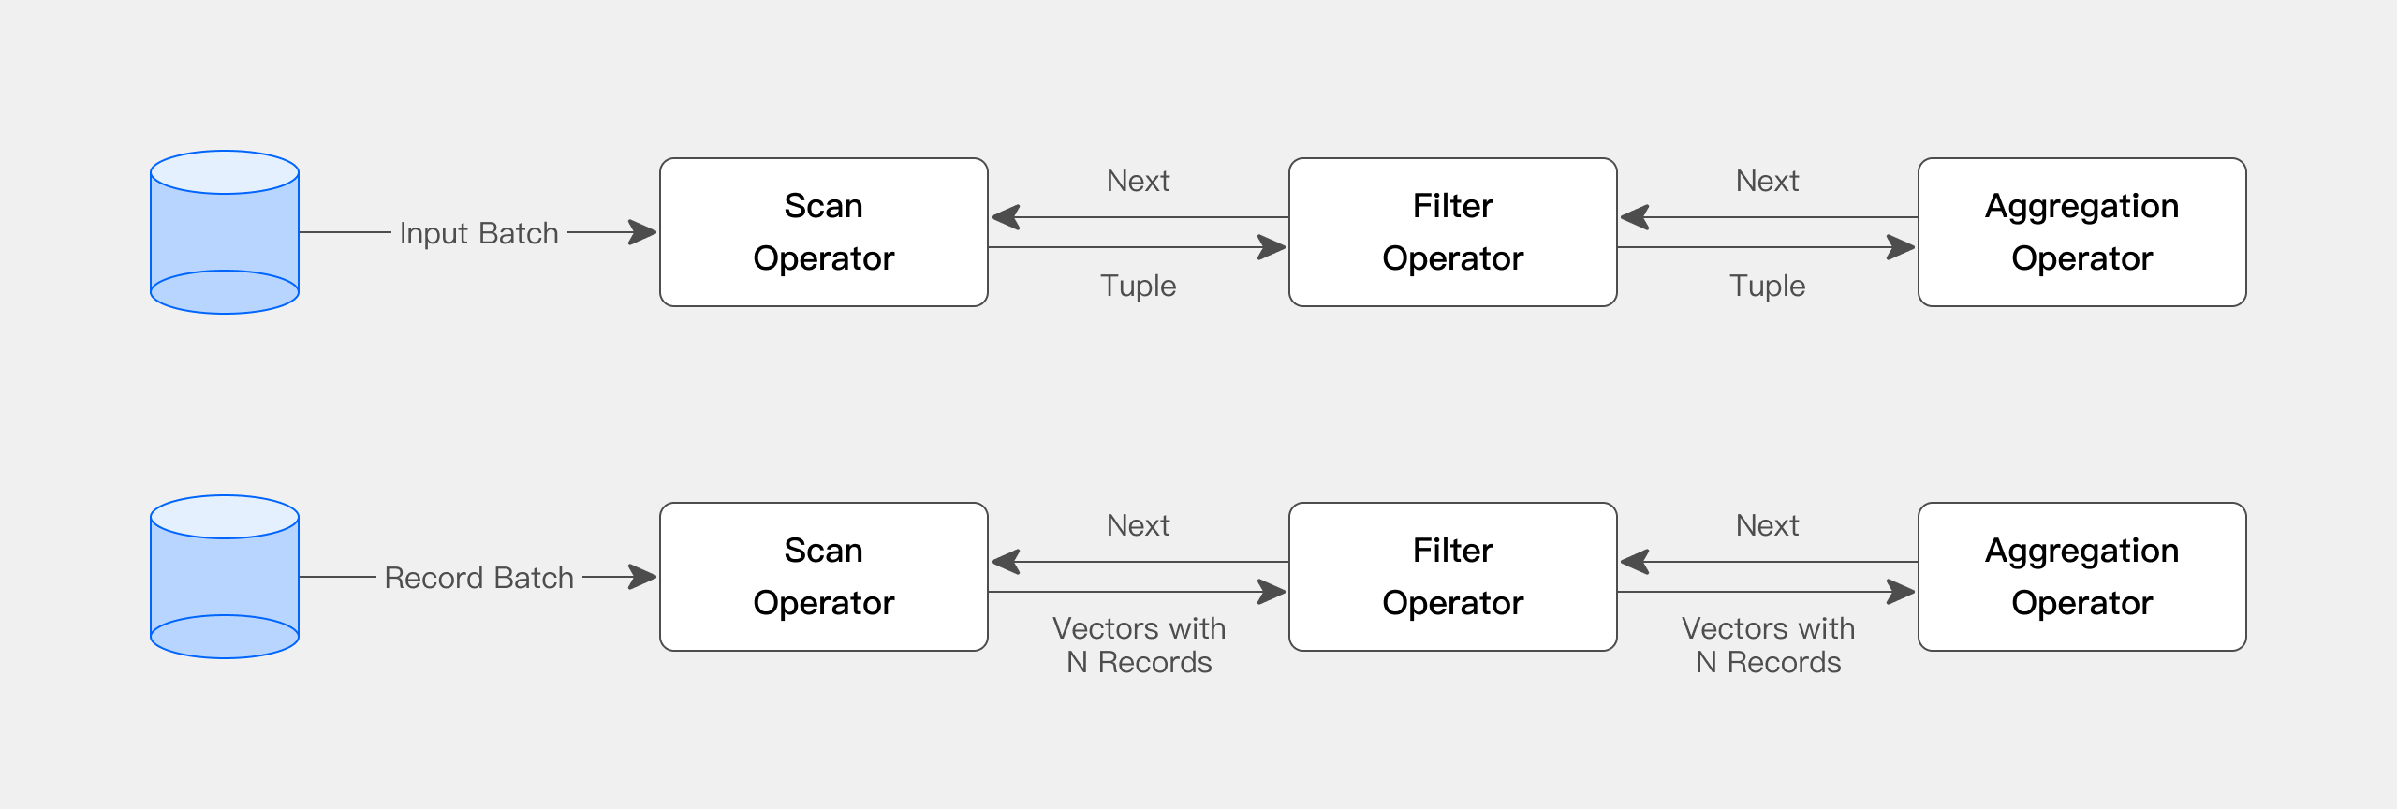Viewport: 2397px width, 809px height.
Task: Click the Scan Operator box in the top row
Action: pyautogui.click(x=823, y=232)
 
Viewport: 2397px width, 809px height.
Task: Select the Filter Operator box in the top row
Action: pyautogui.click(x=1452, y=232)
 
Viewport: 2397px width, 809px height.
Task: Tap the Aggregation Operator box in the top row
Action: pyautogui.click(x=2081, y=232)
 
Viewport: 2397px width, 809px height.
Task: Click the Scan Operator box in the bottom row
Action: pyautogui.click(x=823, y=577)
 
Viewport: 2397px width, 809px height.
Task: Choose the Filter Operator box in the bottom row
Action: pyautogui.click(x=1452, y=577)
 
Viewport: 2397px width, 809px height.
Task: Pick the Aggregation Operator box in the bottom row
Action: pyautogui.click(x=2081, y=577)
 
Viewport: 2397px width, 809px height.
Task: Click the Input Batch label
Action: pyautogui.click(x=478, y=233)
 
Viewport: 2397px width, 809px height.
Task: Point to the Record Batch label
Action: pyautogui.click(x=478, y=578)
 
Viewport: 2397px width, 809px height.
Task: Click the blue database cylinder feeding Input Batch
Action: pyautogui.click(x=225, y=232)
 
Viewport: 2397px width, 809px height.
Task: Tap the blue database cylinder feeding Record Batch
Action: pyautogui.click(x=225, y=577)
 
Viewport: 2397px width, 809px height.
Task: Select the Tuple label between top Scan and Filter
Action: pyautogui.click(x=1138, y=286)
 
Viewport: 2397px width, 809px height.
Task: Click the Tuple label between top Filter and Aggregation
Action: pyautogui.click(x=1767, y=286)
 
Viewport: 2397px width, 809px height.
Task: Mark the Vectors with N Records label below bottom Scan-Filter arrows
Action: pyautogui.click(x=1139, y=645)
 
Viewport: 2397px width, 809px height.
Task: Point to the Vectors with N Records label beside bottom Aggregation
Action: pyautogui.click(x=1768, y=645)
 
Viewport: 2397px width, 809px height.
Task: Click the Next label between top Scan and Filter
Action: pyautogui.click(x=1138, y=181)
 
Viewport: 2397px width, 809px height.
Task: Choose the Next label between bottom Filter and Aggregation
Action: pyautogui.click(x=1767, y=525)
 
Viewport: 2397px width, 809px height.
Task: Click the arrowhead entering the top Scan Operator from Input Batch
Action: pyautogui.click(x=644, y=232)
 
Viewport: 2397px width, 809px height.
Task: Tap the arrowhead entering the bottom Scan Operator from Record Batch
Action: pyautogui.click(x=644, y=577)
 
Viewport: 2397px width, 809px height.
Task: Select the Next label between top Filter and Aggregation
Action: pyautogui.click(x=1767, y=181)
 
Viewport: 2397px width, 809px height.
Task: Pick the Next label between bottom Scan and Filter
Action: pyautogui.click(x=1138, y=525)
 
